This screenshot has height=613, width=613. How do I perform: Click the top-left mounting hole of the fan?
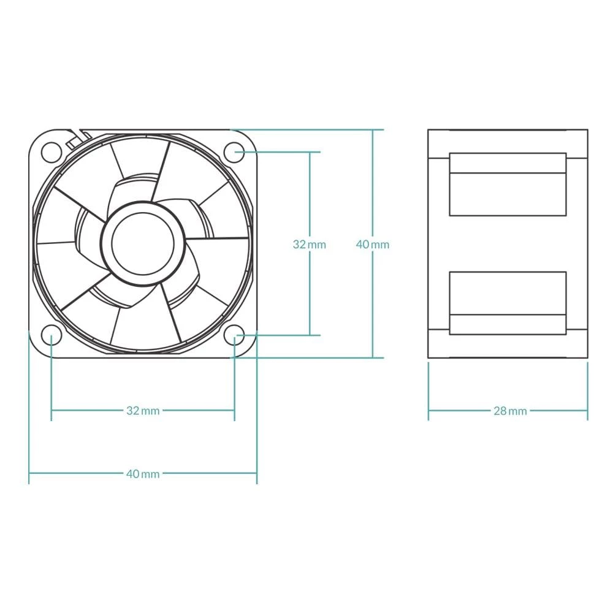pos(51,151)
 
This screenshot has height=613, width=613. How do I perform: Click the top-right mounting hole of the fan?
pos(234,151)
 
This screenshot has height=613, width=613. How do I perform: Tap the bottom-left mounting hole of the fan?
pos(51,335)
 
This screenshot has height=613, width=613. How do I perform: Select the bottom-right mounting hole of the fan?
pos(234,335)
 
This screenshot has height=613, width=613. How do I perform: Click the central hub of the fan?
pos(143,243)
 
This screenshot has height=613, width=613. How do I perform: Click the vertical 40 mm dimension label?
pos(373,245)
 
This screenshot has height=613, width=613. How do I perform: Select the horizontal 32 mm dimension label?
pos(143,411)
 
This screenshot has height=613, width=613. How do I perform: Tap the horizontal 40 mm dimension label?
pos(143,474)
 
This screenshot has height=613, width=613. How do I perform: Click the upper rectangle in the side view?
pos(508,185)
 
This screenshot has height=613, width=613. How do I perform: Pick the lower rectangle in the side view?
pos(508,303)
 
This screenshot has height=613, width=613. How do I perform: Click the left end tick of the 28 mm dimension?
pos(428,411)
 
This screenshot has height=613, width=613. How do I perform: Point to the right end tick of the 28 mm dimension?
pos(587,411)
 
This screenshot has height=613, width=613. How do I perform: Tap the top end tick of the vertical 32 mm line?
pos(310,151)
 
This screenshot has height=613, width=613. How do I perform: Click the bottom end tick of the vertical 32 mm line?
pos(310,335)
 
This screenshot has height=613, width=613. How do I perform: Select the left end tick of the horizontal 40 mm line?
pos(29,473)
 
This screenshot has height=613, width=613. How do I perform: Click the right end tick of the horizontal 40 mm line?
pos(257,473)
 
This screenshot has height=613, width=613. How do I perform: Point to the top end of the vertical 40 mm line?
pos(373,130)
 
